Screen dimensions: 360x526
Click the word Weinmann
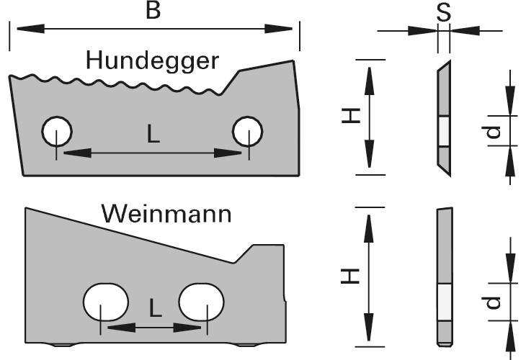click(166, 214)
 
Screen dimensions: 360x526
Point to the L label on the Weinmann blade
click(154, 308)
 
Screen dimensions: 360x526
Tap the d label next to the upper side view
click(492, 132)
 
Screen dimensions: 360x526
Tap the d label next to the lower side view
click(493, 303)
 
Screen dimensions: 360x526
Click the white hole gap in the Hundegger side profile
click(443, 132)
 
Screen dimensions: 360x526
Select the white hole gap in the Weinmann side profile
click(443, 302)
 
